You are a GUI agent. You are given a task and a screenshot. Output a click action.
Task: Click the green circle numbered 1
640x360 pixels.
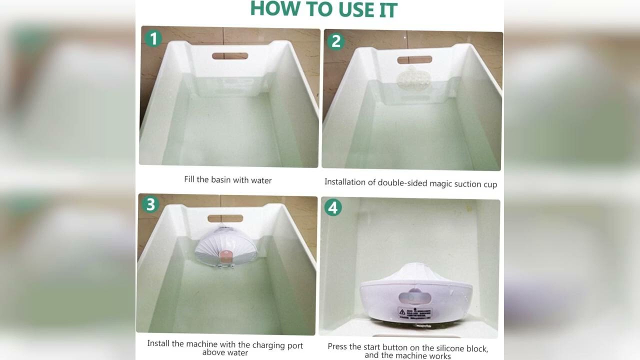[x=153, y=38]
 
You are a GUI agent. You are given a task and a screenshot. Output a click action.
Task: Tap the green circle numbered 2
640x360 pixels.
[x=335, y=41]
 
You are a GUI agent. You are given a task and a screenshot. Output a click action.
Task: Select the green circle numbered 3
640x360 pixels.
[x=149, y=204]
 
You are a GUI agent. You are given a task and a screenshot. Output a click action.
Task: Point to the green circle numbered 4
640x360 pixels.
[x=333, y=207]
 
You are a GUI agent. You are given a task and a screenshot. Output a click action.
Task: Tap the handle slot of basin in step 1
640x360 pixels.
[x=230, y=56]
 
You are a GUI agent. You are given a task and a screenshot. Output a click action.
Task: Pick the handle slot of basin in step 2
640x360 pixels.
[x=414, y=60]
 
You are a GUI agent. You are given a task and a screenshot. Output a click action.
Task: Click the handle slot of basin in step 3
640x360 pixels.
[x=225, y=218]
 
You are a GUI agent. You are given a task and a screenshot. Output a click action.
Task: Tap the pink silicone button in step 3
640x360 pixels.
[x=225, y=255]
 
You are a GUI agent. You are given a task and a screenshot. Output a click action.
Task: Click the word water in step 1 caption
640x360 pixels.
[x=261, y=180]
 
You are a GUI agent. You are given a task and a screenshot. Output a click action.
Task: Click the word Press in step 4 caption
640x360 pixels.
[x=337, y=346]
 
